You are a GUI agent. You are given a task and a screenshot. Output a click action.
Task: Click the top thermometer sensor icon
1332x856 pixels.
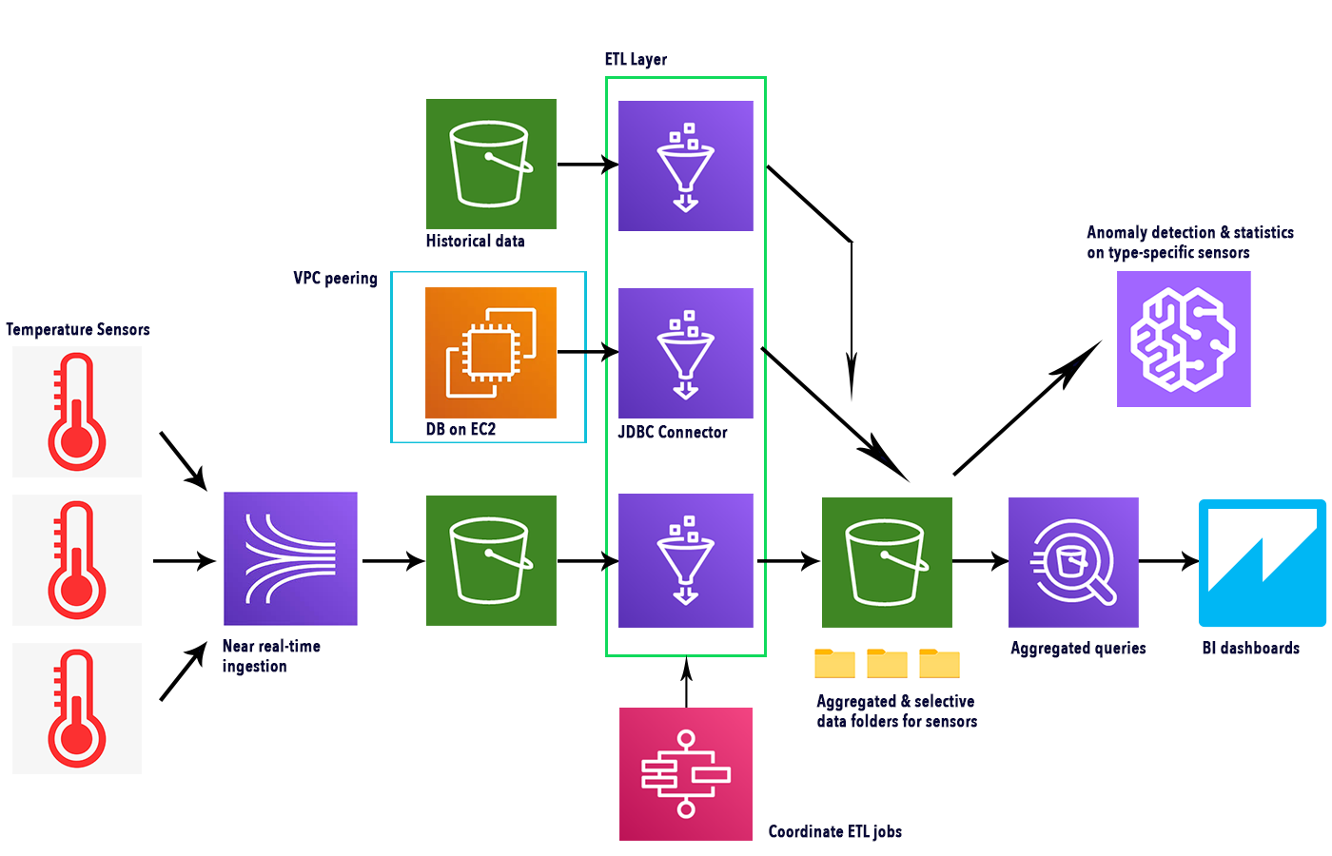(77, 412)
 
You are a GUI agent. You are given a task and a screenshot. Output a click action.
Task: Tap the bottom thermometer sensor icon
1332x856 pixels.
(77, 709)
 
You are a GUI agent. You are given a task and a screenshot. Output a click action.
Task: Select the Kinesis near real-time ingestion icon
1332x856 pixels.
(290, 558)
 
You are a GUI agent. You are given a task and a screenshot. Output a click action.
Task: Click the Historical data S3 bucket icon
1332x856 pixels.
(491, 164)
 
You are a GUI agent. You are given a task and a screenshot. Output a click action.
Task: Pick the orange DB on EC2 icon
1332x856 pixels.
(491, 352)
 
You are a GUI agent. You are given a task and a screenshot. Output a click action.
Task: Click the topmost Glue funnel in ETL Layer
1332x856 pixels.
(685, 165)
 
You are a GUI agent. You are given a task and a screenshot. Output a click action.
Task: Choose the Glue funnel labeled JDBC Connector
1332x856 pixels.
(685, 353)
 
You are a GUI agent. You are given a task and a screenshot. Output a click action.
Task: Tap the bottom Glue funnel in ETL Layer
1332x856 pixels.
(685, 560)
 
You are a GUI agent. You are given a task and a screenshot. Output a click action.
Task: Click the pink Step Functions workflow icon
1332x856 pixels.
(685, 773)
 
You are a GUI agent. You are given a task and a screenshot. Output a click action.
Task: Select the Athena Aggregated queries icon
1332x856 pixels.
(1073, 562)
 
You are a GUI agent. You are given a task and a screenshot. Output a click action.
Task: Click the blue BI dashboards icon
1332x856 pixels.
(1262, 562)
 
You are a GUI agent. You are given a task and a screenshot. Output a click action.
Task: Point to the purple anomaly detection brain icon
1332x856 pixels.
(1183, 340)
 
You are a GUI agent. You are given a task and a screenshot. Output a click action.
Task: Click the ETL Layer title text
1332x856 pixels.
(636, 59)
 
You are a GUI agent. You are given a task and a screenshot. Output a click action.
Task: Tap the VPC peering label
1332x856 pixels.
(335, 278)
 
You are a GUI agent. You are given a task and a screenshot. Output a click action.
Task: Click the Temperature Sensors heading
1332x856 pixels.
(78, 329)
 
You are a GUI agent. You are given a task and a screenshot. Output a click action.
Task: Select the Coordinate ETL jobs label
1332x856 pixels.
(834, 831)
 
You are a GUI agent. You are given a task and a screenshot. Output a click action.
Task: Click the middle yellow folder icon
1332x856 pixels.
(887, 663)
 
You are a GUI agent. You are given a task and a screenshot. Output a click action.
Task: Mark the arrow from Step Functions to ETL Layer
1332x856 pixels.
(686, 683)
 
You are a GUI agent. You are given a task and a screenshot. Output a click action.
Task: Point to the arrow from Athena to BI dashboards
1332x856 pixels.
(1168, 561)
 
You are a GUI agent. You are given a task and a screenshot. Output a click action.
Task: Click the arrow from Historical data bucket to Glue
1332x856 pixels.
(587, 165)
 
